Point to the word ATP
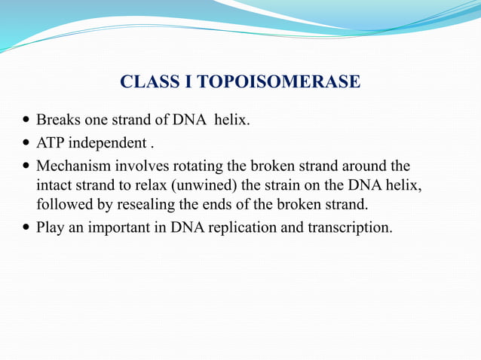pos(51,142)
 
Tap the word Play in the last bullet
pos(50,226)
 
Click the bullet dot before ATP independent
pos(27,143)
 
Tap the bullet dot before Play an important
pos(27,227)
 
